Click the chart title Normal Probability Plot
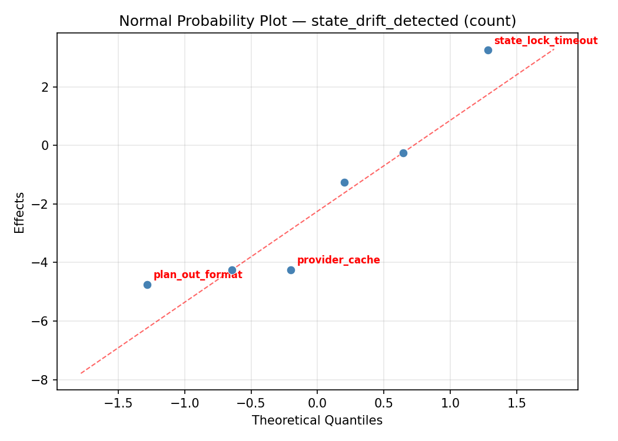[317, 21]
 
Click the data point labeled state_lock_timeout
[488, 50]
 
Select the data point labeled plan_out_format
[147, 285]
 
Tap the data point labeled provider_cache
[291, 270]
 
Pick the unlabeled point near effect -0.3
[403, 153]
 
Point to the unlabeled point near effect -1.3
[344, 182]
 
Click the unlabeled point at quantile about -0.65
[232, 270]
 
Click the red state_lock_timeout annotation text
[546, 41]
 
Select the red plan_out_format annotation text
[198, 275]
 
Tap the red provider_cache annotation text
[338, 260]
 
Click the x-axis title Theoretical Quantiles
[317, 420]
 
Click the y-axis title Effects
[20, 212]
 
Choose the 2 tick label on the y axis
[45, 87]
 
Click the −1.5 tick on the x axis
[118, 403]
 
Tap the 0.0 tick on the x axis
[317, 403]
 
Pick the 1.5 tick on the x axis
[516, 403]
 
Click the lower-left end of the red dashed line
[81, 373]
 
